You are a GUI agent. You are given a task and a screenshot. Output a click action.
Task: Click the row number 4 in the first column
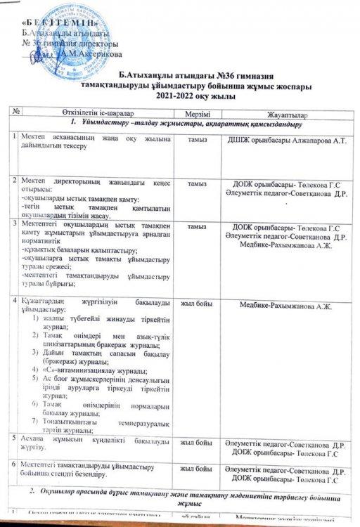15,320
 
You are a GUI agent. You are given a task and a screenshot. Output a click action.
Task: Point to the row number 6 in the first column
15,464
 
